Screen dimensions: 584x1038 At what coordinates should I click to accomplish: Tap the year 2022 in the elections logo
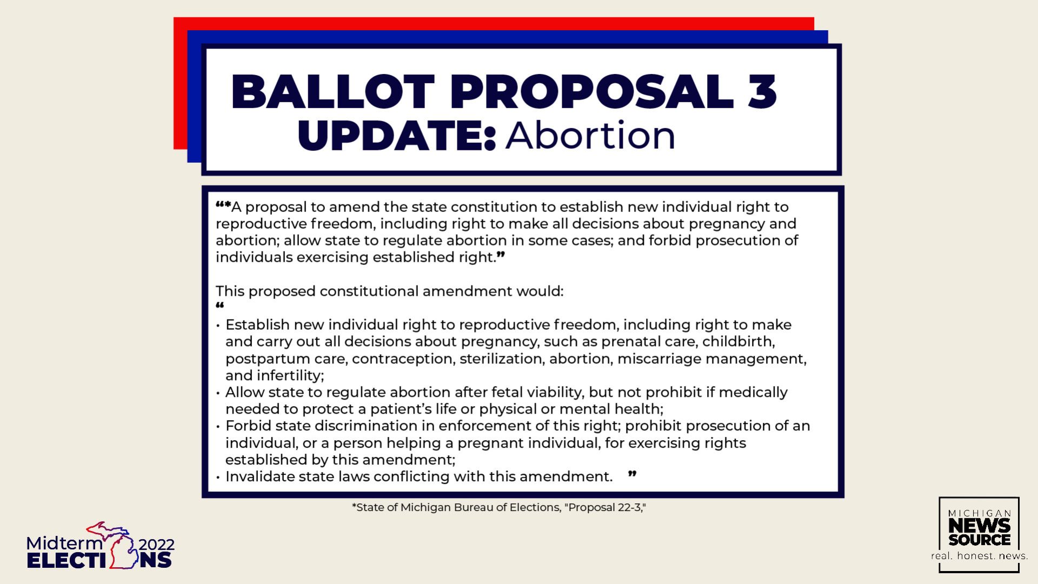click(157, 545)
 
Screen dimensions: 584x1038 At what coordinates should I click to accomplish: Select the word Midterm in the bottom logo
click(64, 543)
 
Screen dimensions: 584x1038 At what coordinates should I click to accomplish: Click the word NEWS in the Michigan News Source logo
click(979, 525)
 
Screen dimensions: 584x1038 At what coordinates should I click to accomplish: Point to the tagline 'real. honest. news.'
click(979, 556)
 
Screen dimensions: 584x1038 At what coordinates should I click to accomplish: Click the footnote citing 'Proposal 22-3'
click(498, 507)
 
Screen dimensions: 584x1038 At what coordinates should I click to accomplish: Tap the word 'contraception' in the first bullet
click(402, 359)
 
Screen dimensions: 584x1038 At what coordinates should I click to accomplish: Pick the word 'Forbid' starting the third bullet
click(247, 426)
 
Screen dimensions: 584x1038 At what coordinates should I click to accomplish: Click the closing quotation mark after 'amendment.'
click(632, 474)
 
